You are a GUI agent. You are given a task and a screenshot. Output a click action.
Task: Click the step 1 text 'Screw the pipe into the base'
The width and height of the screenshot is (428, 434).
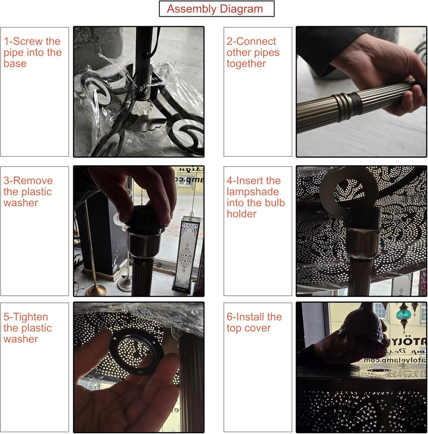click(x=33, y=53)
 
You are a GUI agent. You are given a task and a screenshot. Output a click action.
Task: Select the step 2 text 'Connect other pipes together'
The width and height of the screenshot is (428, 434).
click(x=253, y=53)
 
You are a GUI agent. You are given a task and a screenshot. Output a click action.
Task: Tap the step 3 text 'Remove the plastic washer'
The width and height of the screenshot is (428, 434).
click(x=28, y=192)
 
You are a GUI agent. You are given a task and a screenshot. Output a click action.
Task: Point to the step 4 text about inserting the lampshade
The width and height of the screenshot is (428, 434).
click(x=256, y=197)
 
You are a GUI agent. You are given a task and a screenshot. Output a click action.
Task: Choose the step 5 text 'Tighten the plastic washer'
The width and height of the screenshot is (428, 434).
click(x=28, y=328)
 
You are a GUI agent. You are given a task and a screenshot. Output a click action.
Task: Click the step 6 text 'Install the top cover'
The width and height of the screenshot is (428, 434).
click(x=254, y=323)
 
